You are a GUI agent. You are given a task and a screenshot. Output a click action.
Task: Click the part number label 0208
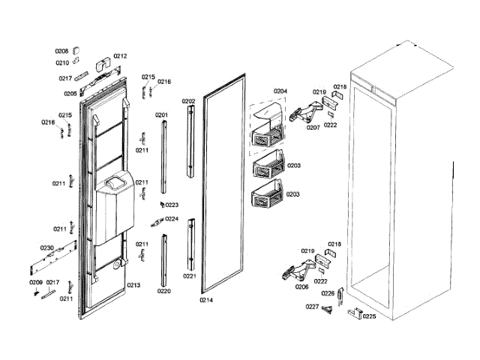click(x=61, y=51)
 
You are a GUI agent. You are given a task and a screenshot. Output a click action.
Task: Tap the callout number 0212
click(x=120, y=55)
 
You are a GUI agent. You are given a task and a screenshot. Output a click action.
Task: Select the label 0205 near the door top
click(x=70, y=94)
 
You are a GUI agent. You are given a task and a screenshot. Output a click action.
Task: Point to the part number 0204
click(x=280, y=91)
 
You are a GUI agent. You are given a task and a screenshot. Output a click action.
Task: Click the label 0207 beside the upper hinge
click(x=313, y=127)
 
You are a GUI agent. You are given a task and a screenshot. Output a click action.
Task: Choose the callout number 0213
click(x=133, y=285)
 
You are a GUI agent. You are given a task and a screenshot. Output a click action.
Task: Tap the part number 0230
click(x=46, y=247)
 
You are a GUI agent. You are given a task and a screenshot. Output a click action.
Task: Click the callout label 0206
click(x=301, y=286)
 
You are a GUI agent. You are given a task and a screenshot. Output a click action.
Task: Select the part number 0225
click(x=369, y=316)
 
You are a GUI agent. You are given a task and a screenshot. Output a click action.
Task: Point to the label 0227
click(x=312, y=307)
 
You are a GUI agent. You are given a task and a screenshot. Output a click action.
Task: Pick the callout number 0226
click(x=328, y=293)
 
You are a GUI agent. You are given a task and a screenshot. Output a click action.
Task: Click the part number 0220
click(x=163, y=290)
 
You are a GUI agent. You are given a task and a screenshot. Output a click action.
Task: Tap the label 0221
click(x=189, y=276)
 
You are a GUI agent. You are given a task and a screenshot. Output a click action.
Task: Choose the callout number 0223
click(x=172, y=205)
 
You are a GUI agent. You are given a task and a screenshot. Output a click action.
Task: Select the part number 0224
click(x=172, y=219)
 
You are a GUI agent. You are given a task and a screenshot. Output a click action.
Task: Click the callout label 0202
click(x=188, y=100)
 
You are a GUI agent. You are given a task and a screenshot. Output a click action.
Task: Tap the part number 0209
click(x=36, y=282)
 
